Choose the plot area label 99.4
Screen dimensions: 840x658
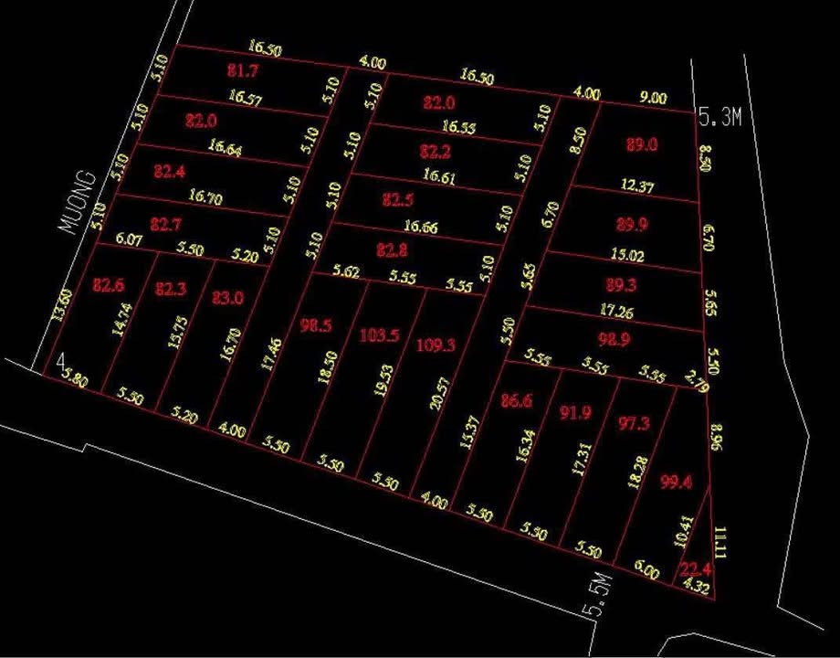[677, 482]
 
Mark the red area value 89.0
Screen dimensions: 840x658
[643, 144]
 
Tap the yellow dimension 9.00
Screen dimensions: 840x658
[654, 98]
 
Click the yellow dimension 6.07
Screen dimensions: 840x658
[130, 240]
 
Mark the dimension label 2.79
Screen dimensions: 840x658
[696, 382]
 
